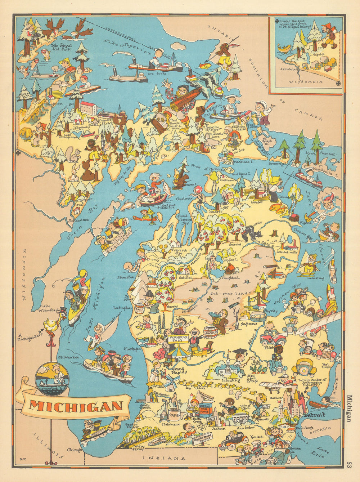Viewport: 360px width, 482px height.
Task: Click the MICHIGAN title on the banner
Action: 76,406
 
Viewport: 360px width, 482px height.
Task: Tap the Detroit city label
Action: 314,415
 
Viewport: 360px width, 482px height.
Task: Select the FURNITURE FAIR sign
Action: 178,339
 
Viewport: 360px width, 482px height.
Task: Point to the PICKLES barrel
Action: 210,333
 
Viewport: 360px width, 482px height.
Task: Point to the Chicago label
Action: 75,450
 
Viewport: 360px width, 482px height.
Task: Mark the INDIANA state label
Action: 164,458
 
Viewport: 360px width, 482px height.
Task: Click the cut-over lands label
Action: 230,294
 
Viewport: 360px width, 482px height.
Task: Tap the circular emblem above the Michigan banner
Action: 51,379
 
